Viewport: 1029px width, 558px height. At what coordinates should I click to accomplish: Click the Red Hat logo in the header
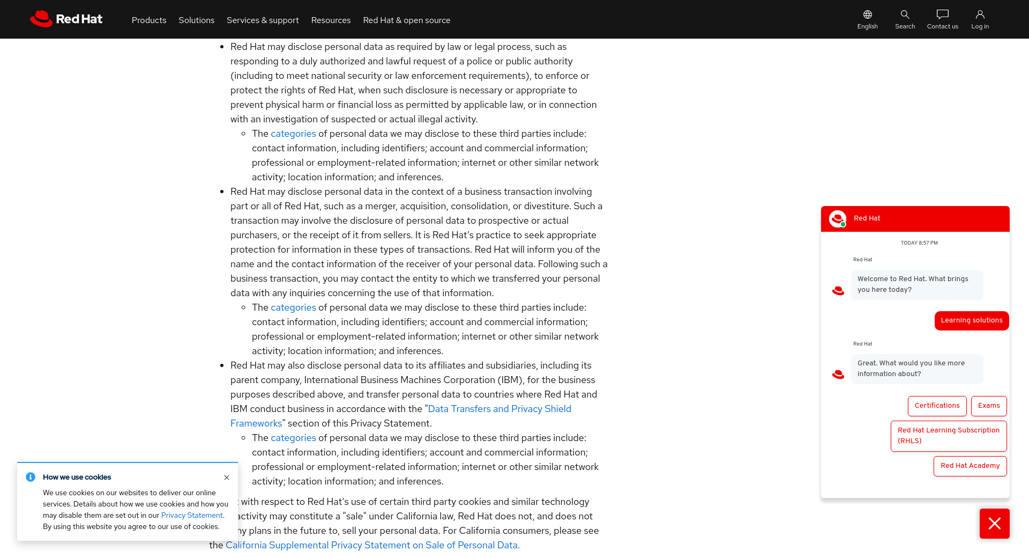click(66, 19)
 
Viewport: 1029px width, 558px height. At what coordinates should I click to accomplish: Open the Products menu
click(149, 20)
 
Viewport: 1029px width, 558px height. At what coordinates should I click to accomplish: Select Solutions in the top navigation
click(196, 20)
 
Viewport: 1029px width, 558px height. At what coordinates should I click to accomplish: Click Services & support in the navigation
click(263, 20)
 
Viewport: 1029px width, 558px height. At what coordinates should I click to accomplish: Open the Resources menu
click(331, 20)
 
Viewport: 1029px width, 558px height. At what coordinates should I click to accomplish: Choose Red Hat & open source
click(406, 20)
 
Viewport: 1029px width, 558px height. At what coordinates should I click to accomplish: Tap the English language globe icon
click(867, 14)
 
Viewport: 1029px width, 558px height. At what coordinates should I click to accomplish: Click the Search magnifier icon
click(905, 14)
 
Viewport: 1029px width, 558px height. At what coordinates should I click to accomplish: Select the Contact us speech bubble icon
click(942, 14)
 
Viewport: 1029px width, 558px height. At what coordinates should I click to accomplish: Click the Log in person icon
click(980, 14)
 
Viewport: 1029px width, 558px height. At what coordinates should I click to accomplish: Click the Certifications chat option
click(937, 406)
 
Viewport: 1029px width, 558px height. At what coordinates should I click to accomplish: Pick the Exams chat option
click(988, 406)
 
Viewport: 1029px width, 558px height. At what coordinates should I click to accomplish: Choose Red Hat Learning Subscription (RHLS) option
click(948, 436)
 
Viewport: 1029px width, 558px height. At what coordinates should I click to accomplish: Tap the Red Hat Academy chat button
click(970, 466)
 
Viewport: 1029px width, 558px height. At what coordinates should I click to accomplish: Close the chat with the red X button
click(994, 524)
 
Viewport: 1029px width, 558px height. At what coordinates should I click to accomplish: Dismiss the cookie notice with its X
click(227, 478)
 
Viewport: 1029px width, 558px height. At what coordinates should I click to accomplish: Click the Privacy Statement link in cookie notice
click(192, 516)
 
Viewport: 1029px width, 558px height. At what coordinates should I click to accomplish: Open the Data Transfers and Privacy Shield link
click(499, 409)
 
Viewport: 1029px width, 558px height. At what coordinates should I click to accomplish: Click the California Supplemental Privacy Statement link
click(372, 545)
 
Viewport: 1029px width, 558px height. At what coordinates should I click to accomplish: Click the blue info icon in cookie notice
click(31, 477)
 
